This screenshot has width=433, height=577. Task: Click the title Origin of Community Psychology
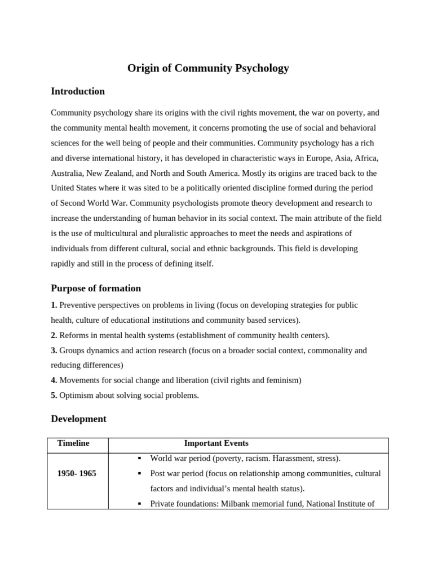coord(208,68)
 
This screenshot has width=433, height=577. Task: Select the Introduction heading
coord(78,91)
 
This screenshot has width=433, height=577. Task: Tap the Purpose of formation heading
coord(96,288)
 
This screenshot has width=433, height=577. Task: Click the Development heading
coord(78,419)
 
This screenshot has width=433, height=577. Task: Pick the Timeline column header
coord(73,443)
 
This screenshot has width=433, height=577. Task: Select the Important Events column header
coord(216,443)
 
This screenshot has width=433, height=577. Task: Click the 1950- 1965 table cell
coord(77,474)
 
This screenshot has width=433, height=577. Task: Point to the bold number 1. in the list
coord(54,305)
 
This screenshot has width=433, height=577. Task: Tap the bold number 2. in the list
coord(54,335)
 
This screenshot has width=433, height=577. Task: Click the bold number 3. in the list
coord(54,350)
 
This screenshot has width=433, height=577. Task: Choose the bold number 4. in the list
coord(54,380)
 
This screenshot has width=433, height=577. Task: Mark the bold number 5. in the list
coord(54,396)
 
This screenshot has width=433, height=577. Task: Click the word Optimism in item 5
coord(76,396)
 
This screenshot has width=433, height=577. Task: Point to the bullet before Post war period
coord(139,474)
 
